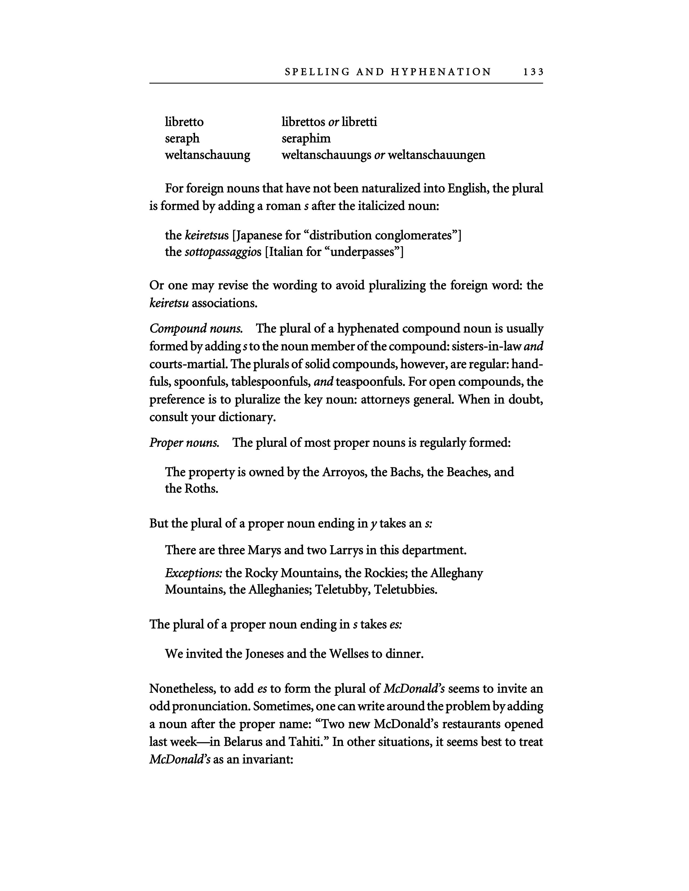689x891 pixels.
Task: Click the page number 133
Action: (533, 72)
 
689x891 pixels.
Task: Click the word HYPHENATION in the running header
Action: (441, 72)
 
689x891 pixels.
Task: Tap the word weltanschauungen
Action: (436, 155)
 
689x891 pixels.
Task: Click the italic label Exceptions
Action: (193, 573)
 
